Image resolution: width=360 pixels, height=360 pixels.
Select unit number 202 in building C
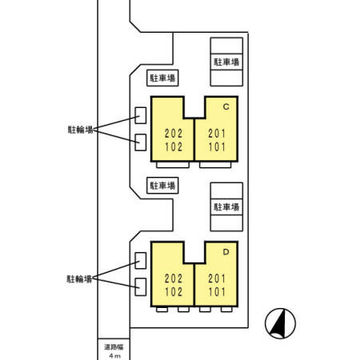point(172,133)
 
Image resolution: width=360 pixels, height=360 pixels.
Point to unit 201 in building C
point(217,133)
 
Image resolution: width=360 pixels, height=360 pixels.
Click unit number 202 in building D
point(172,279)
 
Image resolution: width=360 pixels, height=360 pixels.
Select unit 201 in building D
point(217,279)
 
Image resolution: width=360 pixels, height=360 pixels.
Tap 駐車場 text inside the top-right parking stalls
point(226,61)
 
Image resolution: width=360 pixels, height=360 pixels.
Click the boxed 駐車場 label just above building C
point(162,78)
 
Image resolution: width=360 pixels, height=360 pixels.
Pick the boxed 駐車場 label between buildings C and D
point(162,185)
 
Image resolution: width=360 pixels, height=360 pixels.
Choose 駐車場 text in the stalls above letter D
point(226,206)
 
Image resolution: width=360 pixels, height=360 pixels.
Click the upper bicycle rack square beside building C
point(141,115)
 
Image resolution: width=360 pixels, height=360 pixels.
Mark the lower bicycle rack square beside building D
point(141,286)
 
